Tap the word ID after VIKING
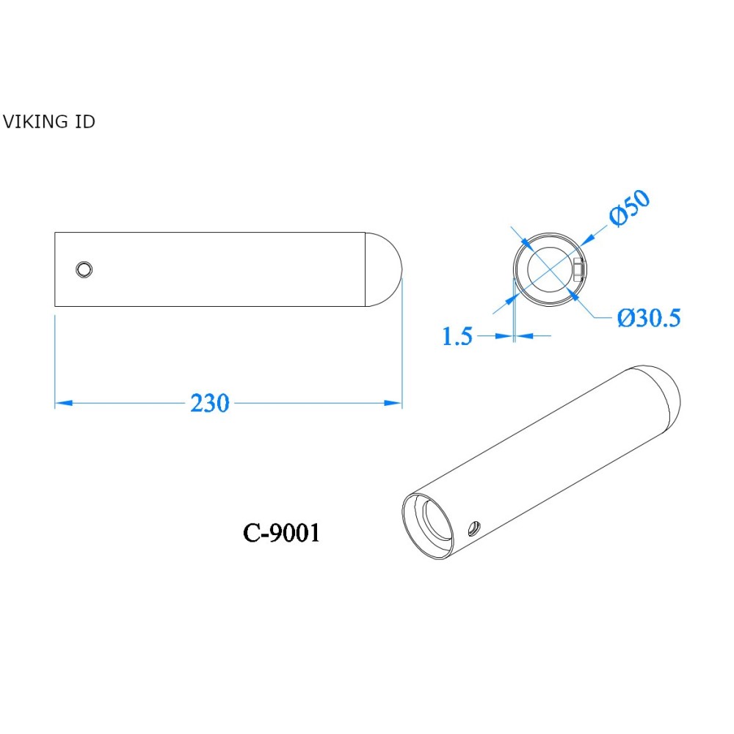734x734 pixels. pyautogui.click(x=84, y=122)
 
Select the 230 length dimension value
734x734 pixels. pyautogui.click(x=210, y=403)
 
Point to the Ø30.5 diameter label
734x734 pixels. pyautogui.click(x=649, y=318)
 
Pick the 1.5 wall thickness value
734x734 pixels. pyautogui.click(x=457, y=337)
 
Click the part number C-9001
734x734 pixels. pyautogui.click(x=281, y=534)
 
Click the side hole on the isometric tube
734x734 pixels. pyautogui.click(x=475, y=526)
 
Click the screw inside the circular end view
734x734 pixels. pyautogui.click(x=578, y=270)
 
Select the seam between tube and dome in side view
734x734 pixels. pyautogui.click(x=366, y=269)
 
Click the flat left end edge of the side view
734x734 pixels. pyautogui.click(x=55, y=269)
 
